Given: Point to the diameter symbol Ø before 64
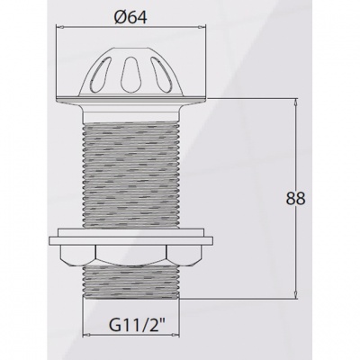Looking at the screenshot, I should pyautogui.click(x=121, y=15).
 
